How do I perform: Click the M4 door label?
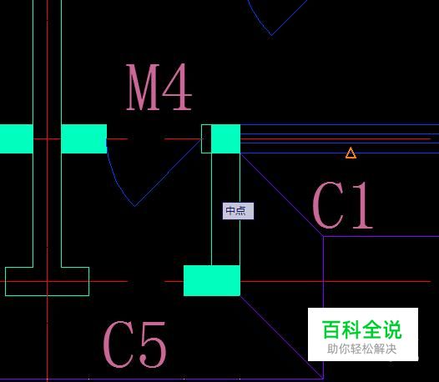(x=159, y=87)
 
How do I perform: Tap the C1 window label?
(x=342, y=205)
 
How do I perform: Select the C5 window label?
(x=134, y=344)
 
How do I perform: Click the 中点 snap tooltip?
(x=238, y=211)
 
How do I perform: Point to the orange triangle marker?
(x=351, y=153)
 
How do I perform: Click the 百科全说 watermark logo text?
(x=361, y=329)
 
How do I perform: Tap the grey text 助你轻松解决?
(x=361, y=349)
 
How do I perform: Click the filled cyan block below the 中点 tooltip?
(x=212, y=280)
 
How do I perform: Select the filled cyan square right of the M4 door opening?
(x=225, y=138)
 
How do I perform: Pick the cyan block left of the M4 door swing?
(x=84, y=138)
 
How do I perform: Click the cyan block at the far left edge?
(x=17, y=138)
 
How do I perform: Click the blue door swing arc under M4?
(x=118, y=182)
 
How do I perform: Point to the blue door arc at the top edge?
(x=258, y=19)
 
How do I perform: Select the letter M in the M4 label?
(x=143, y=87)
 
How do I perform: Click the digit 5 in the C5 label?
(x=153, y=344)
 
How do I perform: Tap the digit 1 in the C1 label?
(x=362, y=205)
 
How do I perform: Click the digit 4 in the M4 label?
(x=178, y=87)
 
